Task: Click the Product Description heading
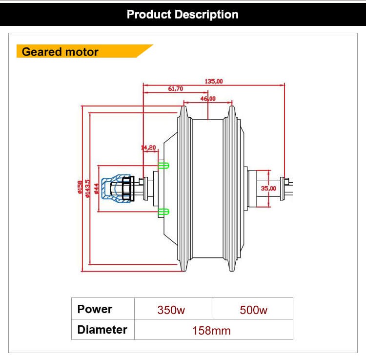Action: click(x=183, y=14)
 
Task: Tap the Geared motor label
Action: click(x=60, y=52)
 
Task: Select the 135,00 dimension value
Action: click(x=213, y=82)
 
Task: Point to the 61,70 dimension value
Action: click(x=175, y=88)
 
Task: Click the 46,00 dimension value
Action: click(x=207, y=99)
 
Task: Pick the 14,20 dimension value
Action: click(x=148, y=147)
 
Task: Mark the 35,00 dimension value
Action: click(x=268, y=188)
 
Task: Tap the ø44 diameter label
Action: click(x=97, y=188)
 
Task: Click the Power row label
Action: click(x=95, y=309)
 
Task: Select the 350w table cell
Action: click(x=171, y=310)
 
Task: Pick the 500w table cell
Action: click(x=253, y=310)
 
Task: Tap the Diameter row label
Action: click(x=102, y=330)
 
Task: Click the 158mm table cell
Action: click(x=211, y=330)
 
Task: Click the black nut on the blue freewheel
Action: click(x=128, y=189)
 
